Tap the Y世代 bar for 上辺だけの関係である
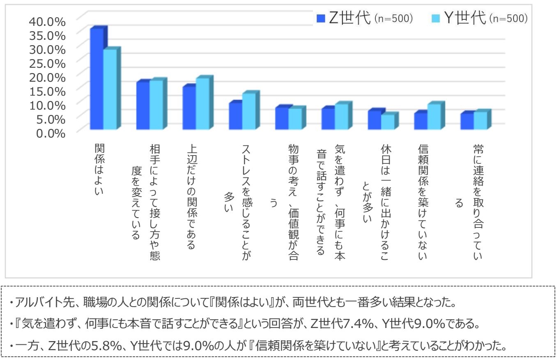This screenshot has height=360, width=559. (202, 103)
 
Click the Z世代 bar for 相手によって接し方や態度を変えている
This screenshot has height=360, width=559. (143, 105)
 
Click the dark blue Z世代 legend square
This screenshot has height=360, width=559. (321, 19)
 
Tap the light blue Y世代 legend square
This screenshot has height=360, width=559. (436, 19)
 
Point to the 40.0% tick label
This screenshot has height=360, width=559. (47, 21)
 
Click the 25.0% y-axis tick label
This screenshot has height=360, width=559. (47, 63)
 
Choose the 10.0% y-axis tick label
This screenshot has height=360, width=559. (47, 105)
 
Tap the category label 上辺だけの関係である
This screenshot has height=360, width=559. (191, 197)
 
